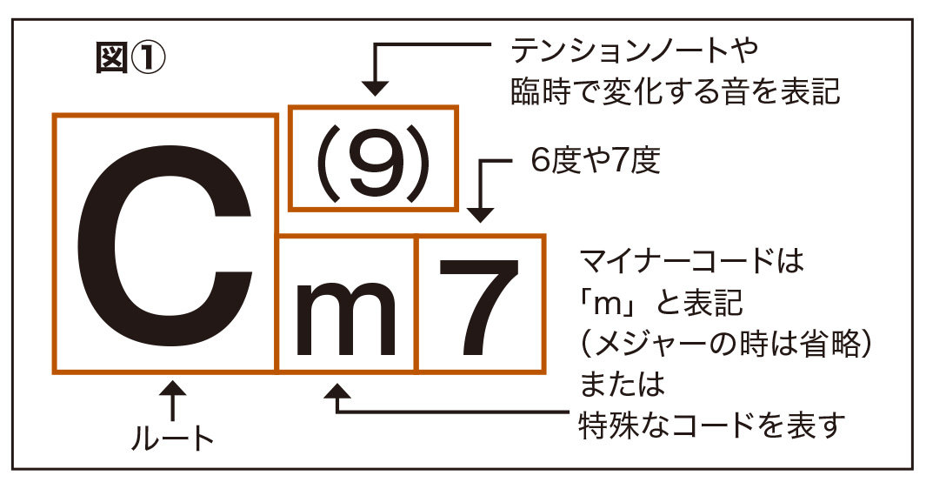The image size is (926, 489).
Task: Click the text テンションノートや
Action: point(635,52)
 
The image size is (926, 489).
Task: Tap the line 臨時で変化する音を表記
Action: point(675,90)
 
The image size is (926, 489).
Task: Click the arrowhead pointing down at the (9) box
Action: point(375,86)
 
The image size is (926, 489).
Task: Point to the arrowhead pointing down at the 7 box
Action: point(480,214)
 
